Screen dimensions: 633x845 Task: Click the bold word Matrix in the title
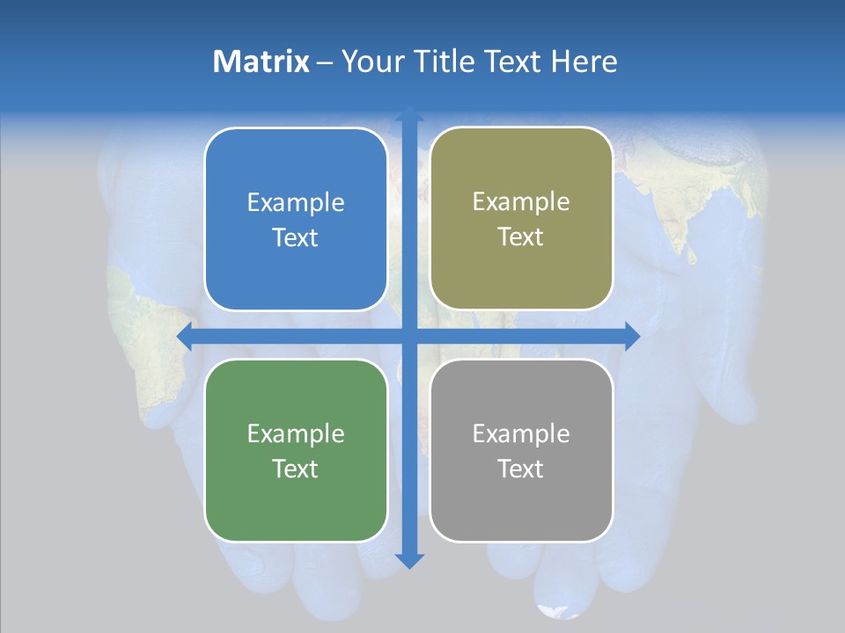point(261,62)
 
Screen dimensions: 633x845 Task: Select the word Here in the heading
point(584,62)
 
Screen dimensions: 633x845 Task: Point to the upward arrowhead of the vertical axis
point(409,115)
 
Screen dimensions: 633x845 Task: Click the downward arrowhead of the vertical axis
point(409,560)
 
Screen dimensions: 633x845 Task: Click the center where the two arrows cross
point(409,336)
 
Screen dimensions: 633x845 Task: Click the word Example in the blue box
point(296,203)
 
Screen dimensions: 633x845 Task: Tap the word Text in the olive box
point(521,237)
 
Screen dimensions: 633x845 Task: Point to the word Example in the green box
point(296,434)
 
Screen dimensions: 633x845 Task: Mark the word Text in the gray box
point(521,469)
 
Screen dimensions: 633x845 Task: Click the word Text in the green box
point(296,469)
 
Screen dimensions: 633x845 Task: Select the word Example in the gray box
point(521,434)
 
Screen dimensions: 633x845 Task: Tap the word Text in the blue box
point(296,238)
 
